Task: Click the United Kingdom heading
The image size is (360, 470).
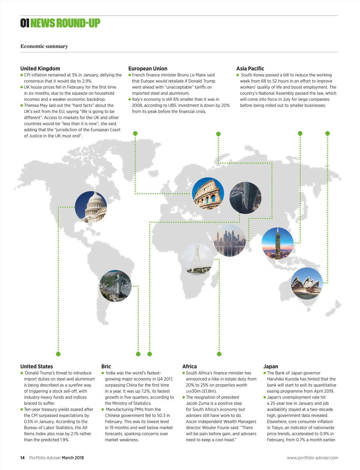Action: coord(40,68)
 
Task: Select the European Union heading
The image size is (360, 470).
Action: coord(148,68)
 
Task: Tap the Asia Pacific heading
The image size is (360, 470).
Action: coord(250,68)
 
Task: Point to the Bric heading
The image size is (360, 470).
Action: coord(106,366)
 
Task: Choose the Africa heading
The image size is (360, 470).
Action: coord(189,366)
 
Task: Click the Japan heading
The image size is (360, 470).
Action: coord(270,366)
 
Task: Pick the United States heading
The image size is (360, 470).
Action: coord(36,366)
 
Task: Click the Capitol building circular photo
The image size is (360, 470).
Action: coord(91,207)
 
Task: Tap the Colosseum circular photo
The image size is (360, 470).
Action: coord(208,193)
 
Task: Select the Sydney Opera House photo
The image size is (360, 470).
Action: coord(307,283)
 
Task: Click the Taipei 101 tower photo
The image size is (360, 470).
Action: coord(277,243)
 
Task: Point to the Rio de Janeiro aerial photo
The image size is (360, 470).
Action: coord(115,286)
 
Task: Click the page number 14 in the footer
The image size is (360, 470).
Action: coord(22,458)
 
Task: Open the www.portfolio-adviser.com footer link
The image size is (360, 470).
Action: coord(312,458)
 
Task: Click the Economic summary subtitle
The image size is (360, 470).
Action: coord(44,46)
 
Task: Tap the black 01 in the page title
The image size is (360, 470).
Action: coord(25,23)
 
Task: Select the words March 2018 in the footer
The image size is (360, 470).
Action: coord(73,458)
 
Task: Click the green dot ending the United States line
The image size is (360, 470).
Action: coord(58,354)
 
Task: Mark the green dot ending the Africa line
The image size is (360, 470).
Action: coord(219,354)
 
